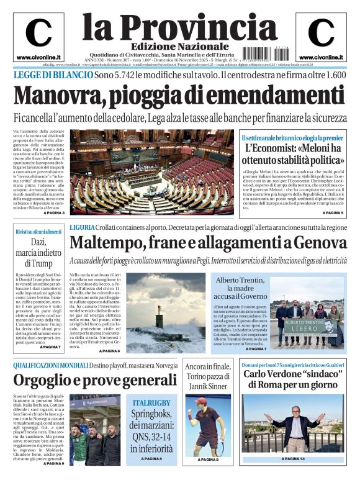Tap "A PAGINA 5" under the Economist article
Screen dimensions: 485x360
(x=328, y=212)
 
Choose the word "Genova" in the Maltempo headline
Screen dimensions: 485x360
(x=320, y=242)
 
